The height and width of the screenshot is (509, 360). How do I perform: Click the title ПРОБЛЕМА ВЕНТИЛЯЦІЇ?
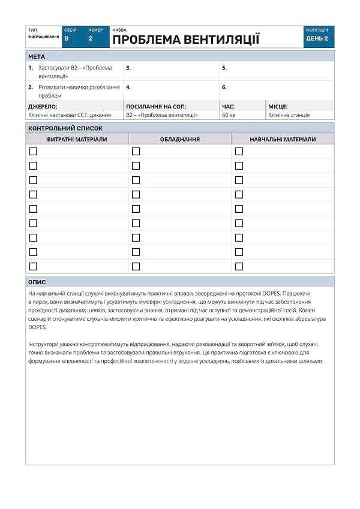(185, 40)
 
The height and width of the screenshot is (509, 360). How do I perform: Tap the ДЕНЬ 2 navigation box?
(317, 38)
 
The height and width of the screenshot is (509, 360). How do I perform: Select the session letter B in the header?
(67, 38)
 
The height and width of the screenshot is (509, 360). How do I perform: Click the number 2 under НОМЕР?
(90, 38)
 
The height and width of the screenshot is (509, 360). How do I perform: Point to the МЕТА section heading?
(37, 56)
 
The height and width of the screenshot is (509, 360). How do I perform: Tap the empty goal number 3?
(128, 68)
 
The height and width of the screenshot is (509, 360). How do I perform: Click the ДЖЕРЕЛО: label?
(43, 106)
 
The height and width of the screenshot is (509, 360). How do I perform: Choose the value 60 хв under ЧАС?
(229, 115)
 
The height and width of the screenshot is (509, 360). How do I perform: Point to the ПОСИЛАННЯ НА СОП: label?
(156, 106)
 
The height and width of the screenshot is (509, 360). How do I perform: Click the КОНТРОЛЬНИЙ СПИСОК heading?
(65, 128)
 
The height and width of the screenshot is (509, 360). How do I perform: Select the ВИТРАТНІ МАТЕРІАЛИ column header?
(77, 139)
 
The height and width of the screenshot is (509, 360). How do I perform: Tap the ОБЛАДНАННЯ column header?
(180, 139)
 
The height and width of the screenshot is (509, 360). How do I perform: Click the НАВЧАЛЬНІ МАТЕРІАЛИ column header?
(283, 139)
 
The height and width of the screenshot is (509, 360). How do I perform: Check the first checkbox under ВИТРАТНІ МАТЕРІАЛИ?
(33, 151)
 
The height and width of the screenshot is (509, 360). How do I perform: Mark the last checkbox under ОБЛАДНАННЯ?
(136, 266)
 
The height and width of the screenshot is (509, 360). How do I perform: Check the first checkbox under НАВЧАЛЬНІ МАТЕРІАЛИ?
(239, 151)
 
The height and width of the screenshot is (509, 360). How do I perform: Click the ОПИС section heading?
(37, 282)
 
